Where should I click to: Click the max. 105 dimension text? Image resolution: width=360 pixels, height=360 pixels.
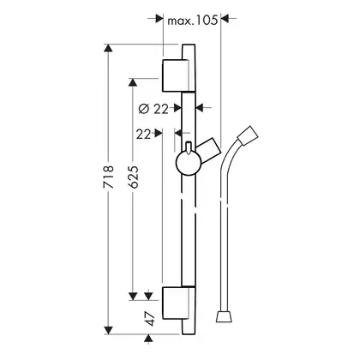pyautogui.click(x=192, y=21)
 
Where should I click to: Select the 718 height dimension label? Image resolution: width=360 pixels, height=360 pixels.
pyautogui.click(x=109, y=177)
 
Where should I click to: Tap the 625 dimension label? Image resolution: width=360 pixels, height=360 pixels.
pyautogui.click(x=133, y=177)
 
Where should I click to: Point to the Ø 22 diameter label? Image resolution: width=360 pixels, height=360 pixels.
pyautogui.click(x=153, y=109)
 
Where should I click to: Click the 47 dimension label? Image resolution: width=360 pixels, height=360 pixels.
pyautogui.click(x=150, y=319)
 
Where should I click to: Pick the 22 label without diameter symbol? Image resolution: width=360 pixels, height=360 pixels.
pyautogui.click(x=143, y=134)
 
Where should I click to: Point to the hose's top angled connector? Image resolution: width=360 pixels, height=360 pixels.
pyautogui.click(x=248, y=135)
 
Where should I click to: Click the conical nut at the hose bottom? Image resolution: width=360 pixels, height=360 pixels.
pyautogui.click(x=224, y=316)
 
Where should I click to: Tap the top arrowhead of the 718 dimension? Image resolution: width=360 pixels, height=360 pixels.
pyautogui.click(x=108, y=48)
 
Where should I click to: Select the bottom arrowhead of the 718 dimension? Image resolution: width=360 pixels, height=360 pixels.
pyautogui.click(x=108, y=331)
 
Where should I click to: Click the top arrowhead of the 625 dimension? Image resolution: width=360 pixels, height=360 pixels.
pyautogui.click(x=132, y=82)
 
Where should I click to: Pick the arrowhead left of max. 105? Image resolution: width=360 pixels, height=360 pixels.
pyautogui.click(x=159, y=19)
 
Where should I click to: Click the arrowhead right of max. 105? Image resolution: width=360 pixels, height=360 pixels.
pyautogui.click(x=225, y=19)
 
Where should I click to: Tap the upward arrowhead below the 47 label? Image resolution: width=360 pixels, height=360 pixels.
pyautogui.click(x=147, y=339)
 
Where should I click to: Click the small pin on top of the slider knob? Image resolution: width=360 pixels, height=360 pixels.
pyautogui.click(x=189, y=147)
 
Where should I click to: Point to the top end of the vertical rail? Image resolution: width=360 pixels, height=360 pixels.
pyautogui.click(x=189, y=45)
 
